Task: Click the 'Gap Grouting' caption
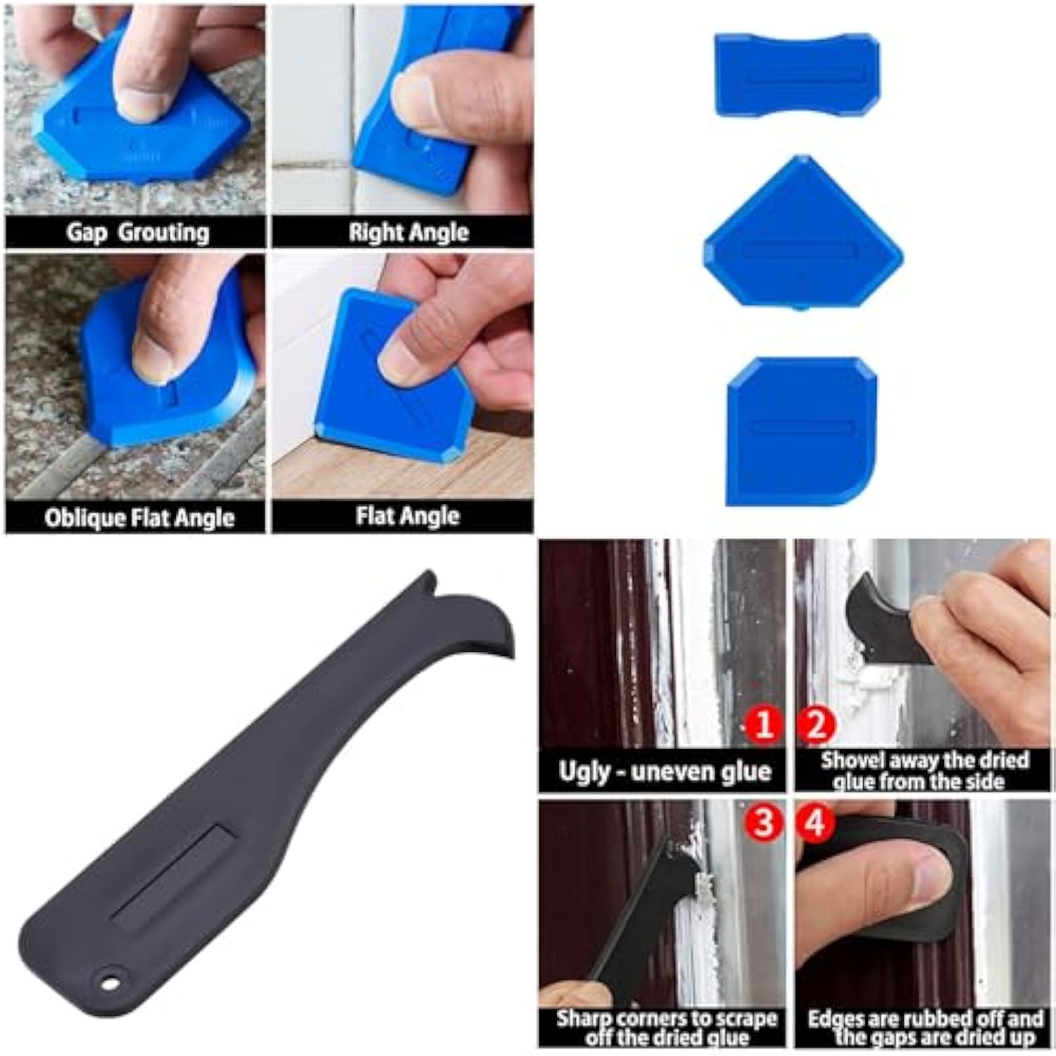coord(137,232)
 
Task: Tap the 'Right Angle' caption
coord(408,232)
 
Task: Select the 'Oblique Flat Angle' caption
coord(139,518)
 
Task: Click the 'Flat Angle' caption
coord(407,516)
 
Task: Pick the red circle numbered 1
coord(762,724)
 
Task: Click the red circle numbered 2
coord(817,724)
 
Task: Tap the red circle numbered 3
coord(762,822)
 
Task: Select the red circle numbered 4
coord(815,822)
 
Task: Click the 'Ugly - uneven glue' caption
coord(664,772)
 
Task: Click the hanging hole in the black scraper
coord(108,979)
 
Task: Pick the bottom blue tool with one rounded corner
coord(803,429)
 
